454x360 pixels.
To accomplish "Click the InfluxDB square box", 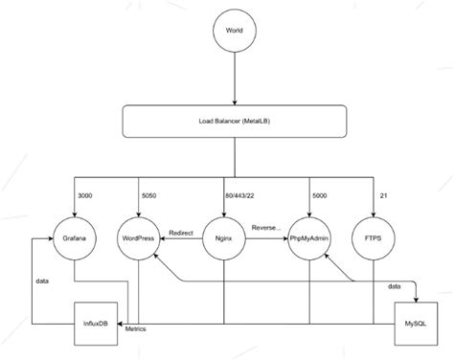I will pos(98,325).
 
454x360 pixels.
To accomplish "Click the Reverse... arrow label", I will pos(264,228).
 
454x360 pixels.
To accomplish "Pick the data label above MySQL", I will pos(394,285).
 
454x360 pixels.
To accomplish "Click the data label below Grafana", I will pos(43,281).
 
